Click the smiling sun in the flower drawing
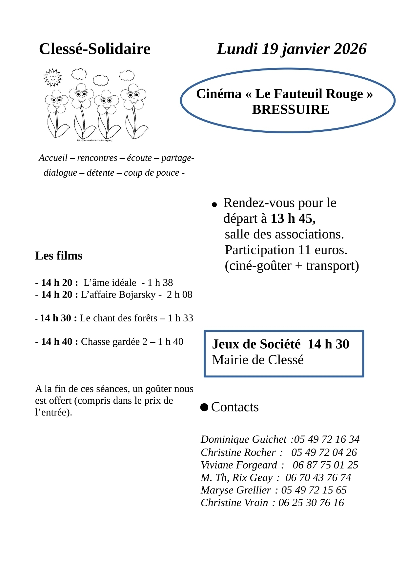tap(52, 77)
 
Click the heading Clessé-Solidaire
tap(94, 49)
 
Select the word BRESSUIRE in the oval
tap(291, 109)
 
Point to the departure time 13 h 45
tap(293, 219)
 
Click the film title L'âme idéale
tap(110, 282)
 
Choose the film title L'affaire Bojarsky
tap(118, 295)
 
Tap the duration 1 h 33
tap(180, 318)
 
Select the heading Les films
tap(59, 256)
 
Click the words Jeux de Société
tap(256, 344)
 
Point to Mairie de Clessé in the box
tap(258, 360)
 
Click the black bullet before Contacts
tap(204, 407)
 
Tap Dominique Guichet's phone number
tap(327, 439)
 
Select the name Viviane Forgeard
tap(239, 465)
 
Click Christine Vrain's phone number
tap(311, 503)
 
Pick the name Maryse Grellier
tap(236, 490)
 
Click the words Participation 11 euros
tap(286, 250)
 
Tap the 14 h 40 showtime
tap(56, 342)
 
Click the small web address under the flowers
tap(95, 141)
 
